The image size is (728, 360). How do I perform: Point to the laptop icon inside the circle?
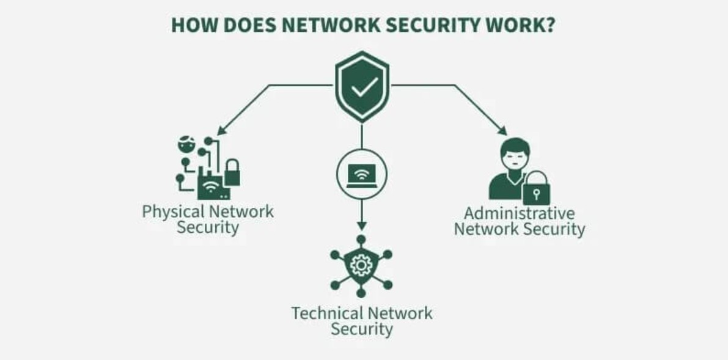pos(362,175)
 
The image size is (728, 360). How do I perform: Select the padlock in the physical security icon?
pos(232,173)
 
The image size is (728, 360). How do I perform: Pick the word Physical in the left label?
pos(173,212)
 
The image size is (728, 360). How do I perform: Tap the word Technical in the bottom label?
pos(324,314)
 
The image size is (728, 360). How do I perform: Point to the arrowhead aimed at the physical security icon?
pos(220,131)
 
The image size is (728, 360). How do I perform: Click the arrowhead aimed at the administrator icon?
pos(503,131)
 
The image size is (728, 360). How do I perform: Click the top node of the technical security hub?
pos(362,240)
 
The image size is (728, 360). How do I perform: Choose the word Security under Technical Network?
pos(362,329)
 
